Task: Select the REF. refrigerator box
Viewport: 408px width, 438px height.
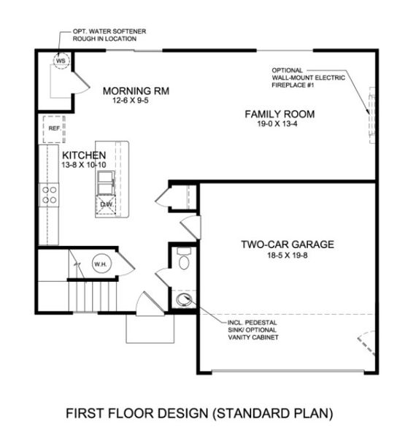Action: point(53,128)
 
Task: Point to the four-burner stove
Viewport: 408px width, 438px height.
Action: point(50,194)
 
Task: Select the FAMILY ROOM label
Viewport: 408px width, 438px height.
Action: point(280,114)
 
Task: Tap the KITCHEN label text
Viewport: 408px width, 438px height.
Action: point(85,155)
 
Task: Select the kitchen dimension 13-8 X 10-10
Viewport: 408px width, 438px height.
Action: point(85,166)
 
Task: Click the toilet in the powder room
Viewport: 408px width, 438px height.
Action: point(184,261)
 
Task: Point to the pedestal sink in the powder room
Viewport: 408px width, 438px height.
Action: point(184,299)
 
